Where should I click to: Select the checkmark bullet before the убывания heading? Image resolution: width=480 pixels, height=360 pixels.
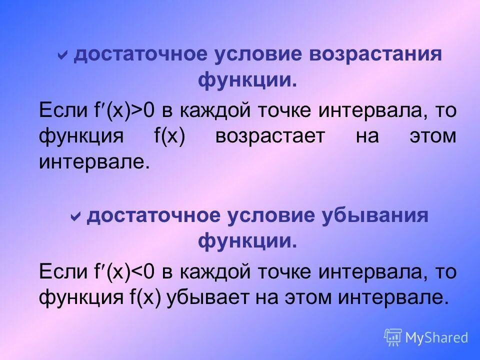pos(76,216)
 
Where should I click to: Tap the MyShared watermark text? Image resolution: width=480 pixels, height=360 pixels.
pos(436,337)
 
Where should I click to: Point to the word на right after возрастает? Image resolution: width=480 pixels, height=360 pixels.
pos(367,136)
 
